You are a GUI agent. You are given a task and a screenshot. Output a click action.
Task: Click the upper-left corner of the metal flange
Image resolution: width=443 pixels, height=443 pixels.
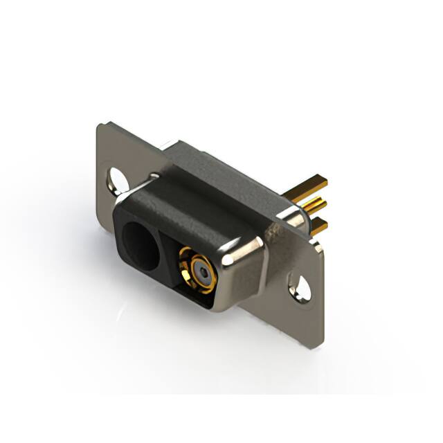pos(101,126)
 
